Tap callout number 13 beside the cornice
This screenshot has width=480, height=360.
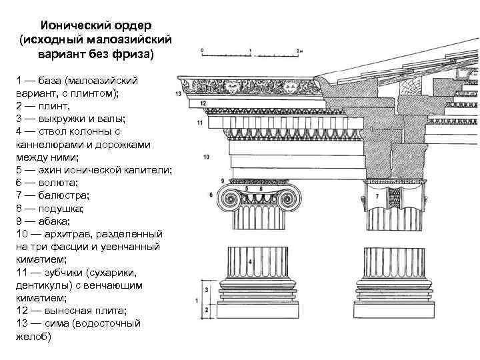point(178,95)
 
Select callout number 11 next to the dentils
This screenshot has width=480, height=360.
point(200,124)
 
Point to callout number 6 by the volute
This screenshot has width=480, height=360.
point(211,195)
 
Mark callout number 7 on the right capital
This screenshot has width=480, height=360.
point(378,197)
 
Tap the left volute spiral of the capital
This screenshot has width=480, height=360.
point(231,199)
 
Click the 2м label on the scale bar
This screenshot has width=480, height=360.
point(301,50)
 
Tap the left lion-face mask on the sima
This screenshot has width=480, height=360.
point(233,86)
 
